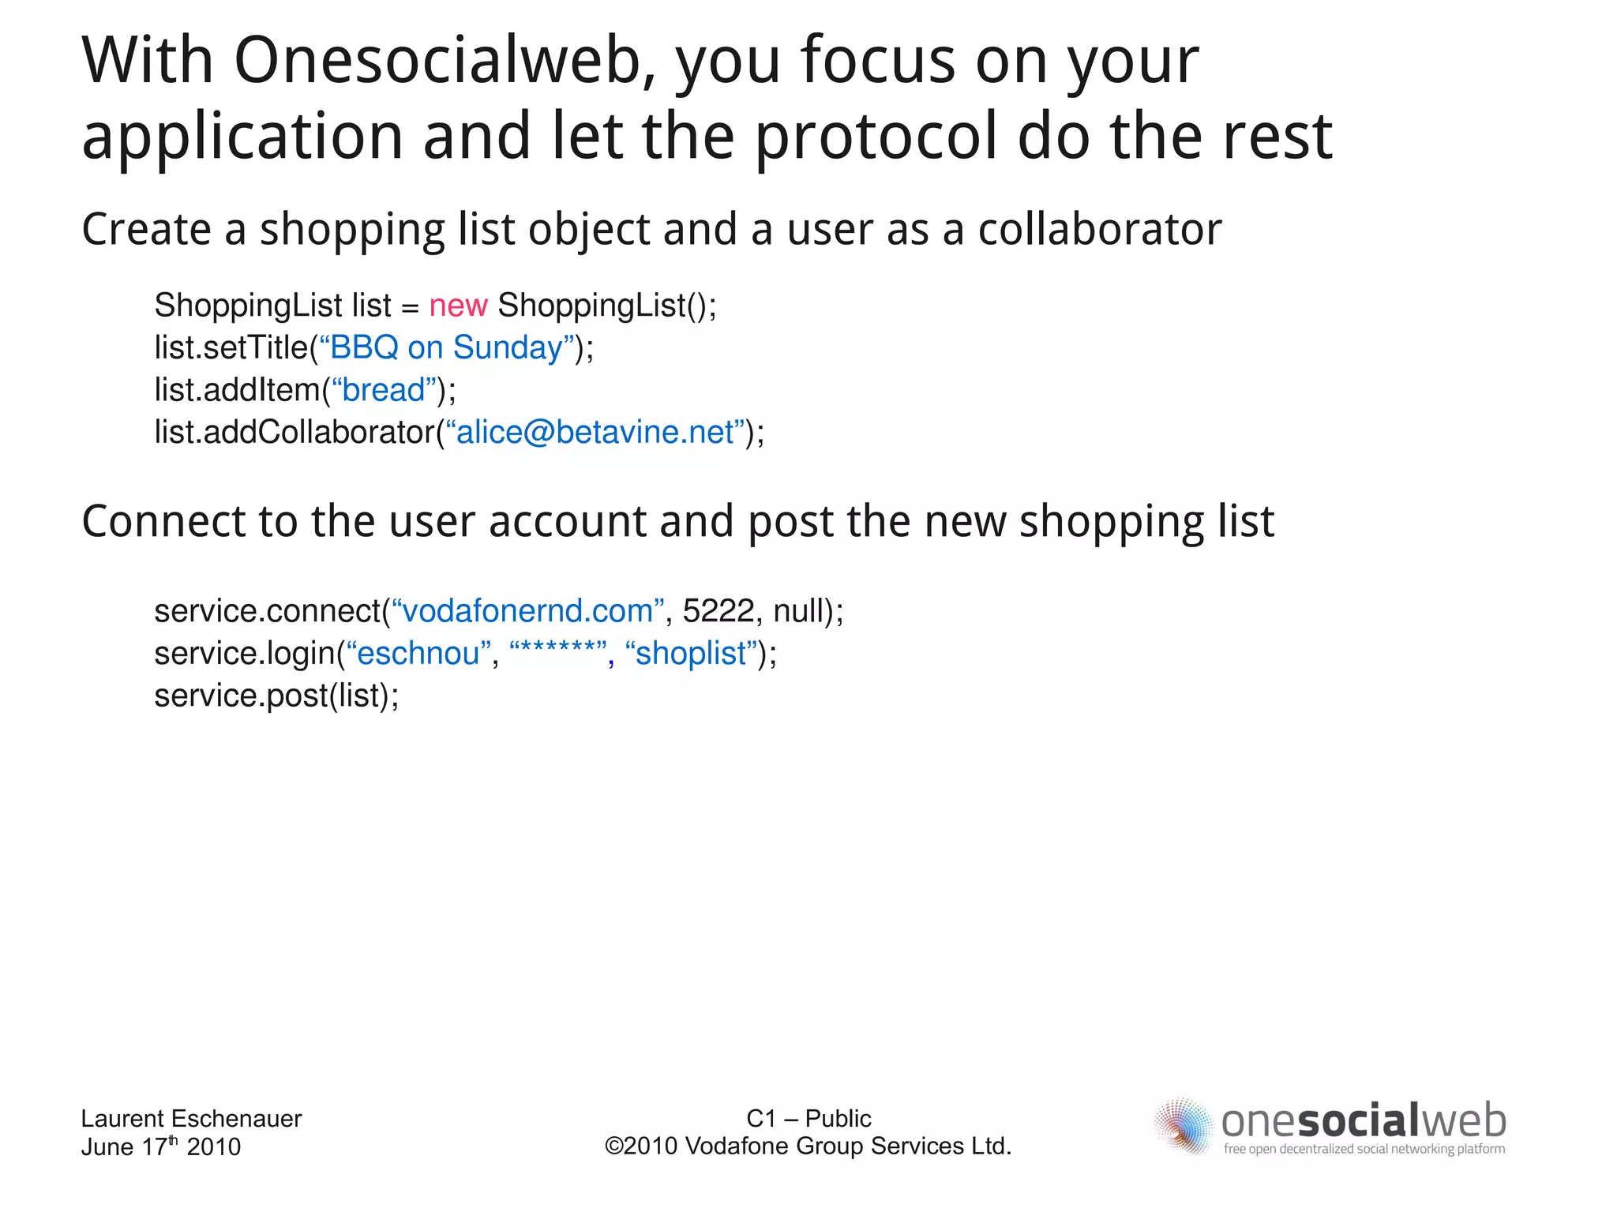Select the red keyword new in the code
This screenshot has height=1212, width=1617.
458,306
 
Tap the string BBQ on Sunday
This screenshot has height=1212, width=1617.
446,348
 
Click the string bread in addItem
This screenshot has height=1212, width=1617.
384,390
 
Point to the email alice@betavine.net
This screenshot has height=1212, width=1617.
595,433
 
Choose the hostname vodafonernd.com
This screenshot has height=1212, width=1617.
527,611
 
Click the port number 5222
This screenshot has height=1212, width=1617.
718,611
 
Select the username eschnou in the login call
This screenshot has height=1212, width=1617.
418,654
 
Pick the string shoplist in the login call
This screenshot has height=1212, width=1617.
691,654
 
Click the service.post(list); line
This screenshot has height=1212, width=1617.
276,696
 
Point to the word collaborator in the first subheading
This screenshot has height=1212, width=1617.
1099,230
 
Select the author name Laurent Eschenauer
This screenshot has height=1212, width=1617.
191,1118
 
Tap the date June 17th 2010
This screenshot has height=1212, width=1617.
160,1146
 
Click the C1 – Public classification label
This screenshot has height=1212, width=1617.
808,1118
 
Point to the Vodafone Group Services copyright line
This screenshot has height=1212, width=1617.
808,1146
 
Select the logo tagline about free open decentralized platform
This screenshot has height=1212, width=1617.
1364,1149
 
